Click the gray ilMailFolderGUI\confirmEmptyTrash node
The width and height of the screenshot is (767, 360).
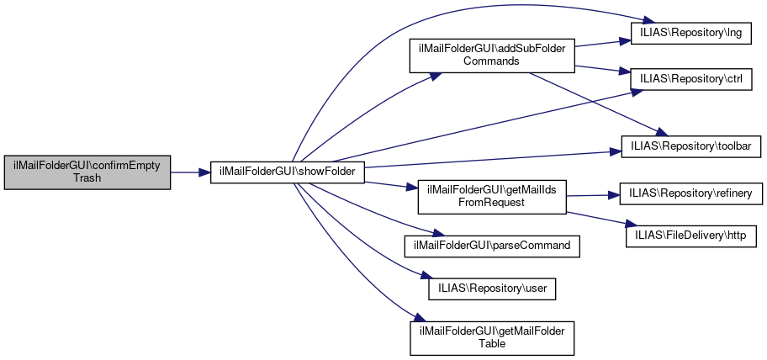click(87, 171)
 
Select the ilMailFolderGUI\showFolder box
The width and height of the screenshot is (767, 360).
click(287, 171)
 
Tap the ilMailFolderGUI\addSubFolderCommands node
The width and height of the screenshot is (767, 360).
click(490, 55)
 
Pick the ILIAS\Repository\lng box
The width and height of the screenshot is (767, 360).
click(690, 32)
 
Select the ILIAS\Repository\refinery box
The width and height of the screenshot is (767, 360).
click(690, 193)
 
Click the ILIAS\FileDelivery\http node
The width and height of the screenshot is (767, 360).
click(690, 232)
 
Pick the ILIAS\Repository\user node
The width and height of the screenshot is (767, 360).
click(491, 288)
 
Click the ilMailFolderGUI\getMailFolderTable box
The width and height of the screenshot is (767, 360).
click(491, 336)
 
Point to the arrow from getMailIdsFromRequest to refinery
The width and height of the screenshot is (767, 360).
click(592, 195)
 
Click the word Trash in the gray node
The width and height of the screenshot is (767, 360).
click(87, 177)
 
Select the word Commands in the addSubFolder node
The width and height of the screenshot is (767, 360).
click(490, 61)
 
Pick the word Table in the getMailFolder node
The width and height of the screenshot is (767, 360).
click(491, 343)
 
